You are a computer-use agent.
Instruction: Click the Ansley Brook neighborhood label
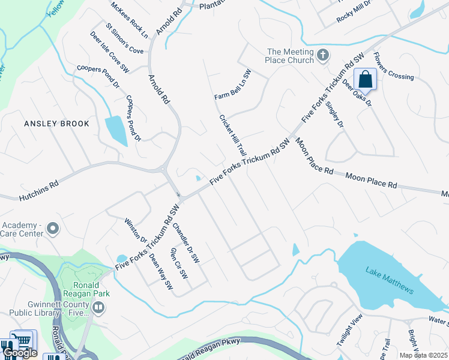56,124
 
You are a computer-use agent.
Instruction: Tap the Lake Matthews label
390,280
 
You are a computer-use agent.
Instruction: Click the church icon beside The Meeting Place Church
323,56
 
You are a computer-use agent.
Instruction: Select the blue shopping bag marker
365,79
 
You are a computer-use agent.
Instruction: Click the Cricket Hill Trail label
233,136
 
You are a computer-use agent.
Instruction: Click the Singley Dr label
335,115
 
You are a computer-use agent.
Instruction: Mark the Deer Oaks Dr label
357,94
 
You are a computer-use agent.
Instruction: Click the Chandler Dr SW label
185,244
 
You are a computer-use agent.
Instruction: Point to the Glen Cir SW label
179,263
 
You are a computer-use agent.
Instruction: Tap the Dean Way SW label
160,273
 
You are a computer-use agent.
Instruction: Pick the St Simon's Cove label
124,38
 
